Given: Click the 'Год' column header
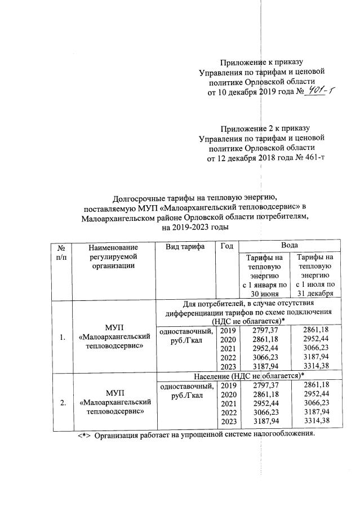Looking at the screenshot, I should tap(226, 246).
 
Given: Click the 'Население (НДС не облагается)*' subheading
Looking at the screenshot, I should tap(248, 375).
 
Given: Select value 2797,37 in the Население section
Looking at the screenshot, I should tap(264, 385).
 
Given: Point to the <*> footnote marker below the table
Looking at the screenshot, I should tap(85, 435).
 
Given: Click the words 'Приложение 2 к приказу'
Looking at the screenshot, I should tap(265, 128).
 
